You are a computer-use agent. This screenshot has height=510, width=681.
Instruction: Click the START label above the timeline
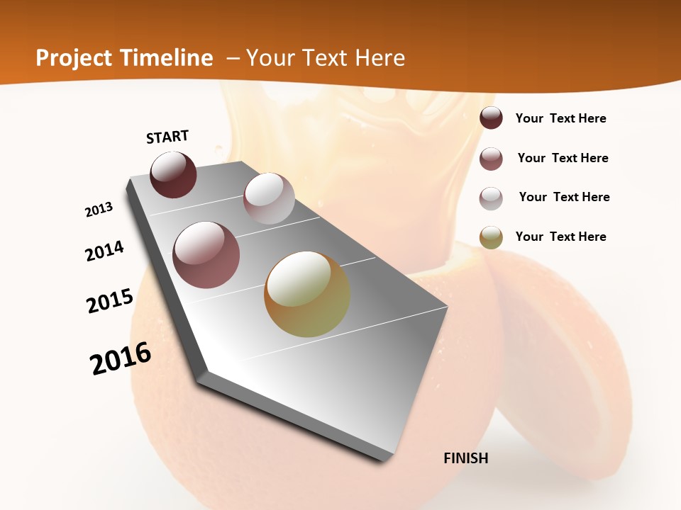pyautogui.click(x=167, y=137)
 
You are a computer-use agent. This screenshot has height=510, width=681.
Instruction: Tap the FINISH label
pyautogui.click(x=466, y=458)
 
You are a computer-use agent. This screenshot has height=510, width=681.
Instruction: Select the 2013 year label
pyautogui.click(x=99, y=210)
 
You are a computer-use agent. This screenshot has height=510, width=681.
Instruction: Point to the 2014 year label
pyautogui.click(x=104, y=251)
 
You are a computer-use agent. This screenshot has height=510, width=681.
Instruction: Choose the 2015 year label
pyautogui.click(x=110, y=301)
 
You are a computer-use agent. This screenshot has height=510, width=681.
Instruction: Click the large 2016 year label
pyautogui.click(x=121, y=358)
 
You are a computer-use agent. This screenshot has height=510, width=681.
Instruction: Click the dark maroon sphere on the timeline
pyautogui.click(x=173, y=174)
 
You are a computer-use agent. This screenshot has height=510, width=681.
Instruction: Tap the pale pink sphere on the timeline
pyautogui.click(x=269, y=198)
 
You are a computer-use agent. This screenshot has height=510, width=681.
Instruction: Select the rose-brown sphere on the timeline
pyautogui.click(x=206, y=255)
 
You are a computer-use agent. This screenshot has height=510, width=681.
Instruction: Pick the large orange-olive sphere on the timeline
pyautogui.click(x=307, y=294)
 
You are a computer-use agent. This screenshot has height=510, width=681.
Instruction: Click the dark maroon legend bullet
pyautogui.click(x=491, y=118)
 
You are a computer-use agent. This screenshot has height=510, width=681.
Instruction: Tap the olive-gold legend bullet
pyautogui.click(x=491, y=237)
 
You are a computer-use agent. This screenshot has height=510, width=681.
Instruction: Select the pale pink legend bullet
pyautogui.click(x=491, y=198)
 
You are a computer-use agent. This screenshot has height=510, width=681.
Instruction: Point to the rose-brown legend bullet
pyautogui.click(x=491, y=159)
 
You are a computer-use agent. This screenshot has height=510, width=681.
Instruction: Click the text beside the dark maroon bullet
pyautogui.click(x=560, y=118)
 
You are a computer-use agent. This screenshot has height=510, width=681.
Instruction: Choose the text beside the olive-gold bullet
pyautogui.click(x=560, y=237)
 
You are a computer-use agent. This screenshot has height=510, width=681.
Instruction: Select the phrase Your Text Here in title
pyautogui.click(x=326, y=58)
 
